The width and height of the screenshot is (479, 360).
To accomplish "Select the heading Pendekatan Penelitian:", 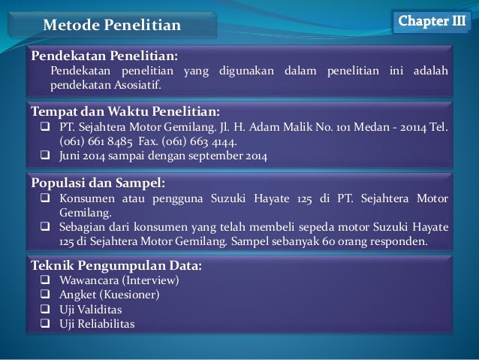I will (104, 56).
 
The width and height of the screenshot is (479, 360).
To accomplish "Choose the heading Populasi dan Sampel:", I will (97, 183).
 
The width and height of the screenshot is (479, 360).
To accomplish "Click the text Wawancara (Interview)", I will (119, 280).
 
